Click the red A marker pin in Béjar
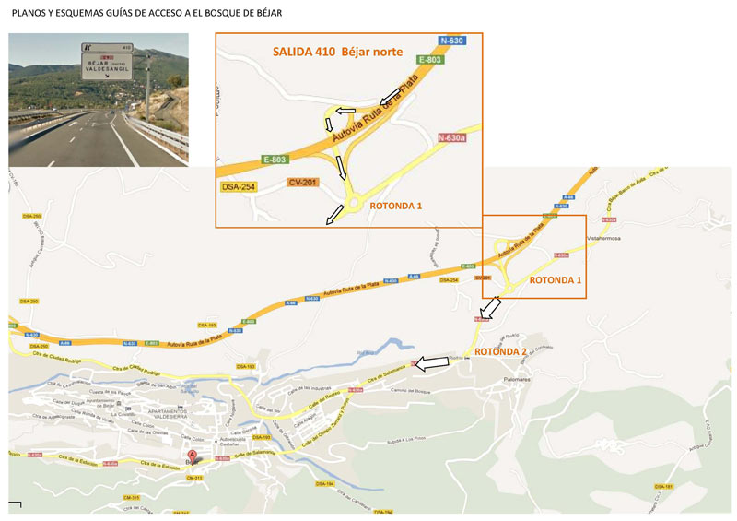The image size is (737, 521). click(x=193, y=455)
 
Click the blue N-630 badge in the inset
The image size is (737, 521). click(x=452, y=41)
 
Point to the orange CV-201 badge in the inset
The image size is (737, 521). click(x=302, y=182)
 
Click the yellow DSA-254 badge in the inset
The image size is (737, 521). click(x=238, y=187)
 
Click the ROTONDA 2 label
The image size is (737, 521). click(x=500, y=351)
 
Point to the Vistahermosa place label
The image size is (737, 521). click(x=608, y=237)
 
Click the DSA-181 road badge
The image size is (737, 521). click(x=664, y=486)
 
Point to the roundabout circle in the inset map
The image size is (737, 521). click(x=352, y=205)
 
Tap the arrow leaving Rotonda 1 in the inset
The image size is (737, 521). click(x=335, y=215)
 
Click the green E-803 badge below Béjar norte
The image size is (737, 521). click(x=430, y=60)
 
